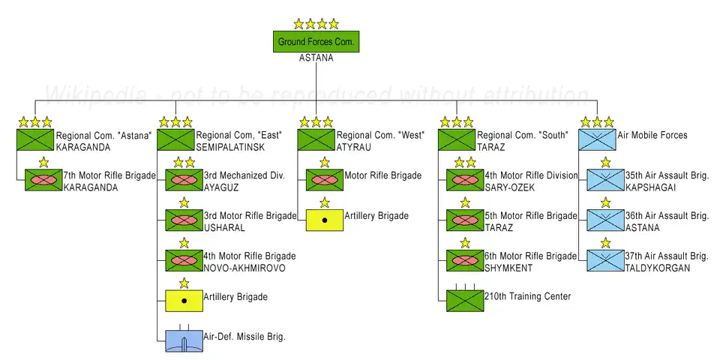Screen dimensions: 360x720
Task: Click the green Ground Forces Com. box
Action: point(316,41)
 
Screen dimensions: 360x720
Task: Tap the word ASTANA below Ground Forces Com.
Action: point(316,58)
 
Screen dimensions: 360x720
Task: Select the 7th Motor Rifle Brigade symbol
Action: point(43,180)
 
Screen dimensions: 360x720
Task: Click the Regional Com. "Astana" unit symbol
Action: point(34,139)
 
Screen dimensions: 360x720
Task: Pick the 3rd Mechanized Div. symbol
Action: point(184,180)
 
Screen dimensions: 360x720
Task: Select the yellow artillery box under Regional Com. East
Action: point(184,301)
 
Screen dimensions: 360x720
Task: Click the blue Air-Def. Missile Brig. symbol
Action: point(184,340)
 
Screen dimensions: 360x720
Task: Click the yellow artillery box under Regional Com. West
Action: point(325,220)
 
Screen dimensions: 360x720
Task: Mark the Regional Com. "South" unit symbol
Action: point(457,139)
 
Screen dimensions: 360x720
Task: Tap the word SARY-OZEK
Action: point(510,187)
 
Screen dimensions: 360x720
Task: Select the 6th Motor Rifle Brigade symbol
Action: point(465,260)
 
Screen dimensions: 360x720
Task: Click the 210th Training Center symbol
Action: point(465,300)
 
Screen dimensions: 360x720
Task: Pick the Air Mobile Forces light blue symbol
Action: point(597,139)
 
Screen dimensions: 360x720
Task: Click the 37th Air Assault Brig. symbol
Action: point(605,260)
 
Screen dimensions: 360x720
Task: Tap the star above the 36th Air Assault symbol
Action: point(605,202)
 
